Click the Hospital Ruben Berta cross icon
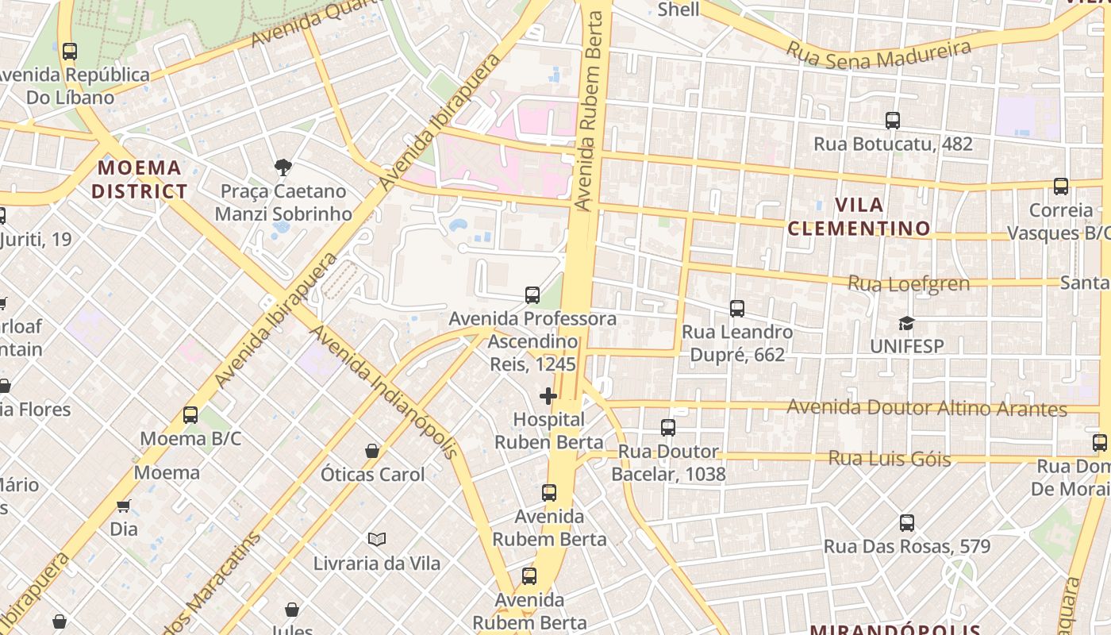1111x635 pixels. click(548, 395)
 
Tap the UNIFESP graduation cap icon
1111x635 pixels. click(906, 323)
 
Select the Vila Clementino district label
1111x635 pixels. click(859, 217)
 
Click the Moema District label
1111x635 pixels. click(139, 179)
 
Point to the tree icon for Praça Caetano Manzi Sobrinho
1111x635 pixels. click(283, 167)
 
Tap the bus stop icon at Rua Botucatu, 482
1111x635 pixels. click(893, 121)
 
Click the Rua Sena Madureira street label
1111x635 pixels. click(878, 53)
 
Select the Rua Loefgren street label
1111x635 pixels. click(909, 283)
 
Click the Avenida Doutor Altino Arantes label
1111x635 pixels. click(926, 408)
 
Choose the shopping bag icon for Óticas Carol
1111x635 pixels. click(372, 451)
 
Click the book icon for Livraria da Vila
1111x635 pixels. click(377, 540)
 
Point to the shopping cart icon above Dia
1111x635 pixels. click(123, 506)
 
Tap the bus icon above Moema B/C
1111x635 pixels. click(190, 414)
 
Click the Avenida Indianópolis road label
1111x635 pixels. click(383, 391)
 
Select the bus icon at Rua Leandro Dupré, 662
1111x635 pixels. click(737, 308)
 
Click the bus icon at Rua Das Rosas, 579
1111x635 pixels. click(907, 523)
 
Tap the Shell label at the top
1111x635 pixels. click(679, 10)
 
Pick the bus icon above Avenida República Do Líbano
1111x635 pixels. click(70, 52)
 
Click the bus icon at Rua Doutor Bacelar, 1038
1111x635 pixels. click(668, 428)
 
